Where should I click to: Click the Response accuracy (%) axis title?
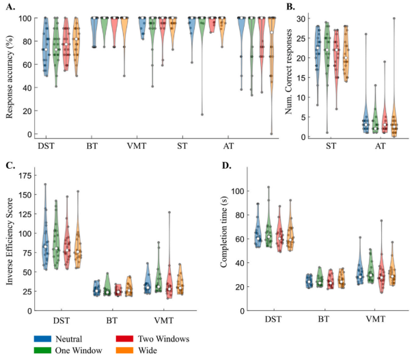pyautogui.click(x=9, y=75)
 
